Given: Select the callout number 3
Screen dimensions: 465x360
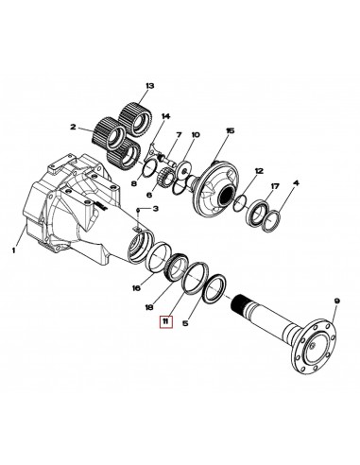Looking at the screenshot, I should [155, 208].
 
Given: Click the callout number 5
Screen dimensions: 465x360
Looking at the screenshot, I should [185, 322].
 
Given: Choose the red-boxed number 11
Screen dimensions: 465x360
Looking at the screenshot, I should [165, 322].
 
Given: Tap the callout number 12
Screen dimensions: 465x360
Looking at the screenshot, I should [257, 171].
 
